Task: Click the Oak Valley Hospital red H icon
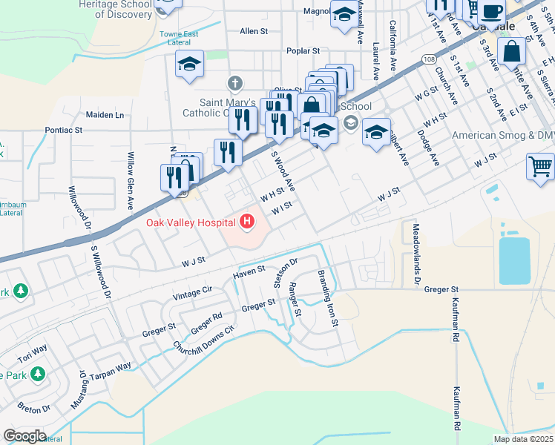pyautogui.click(x=246, y=221)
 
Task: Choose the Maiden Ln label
pyautogui.click(x=105, y=115)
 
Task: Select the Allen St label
pyautogui.click(x=253, y=31)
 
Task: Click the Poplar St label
pyautogui.click(x=303, y=51)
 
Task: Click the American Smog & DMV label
pyautogui.click(x=504, y=136)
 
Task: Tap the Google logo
pyautogui.click(x=24, y=436)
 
